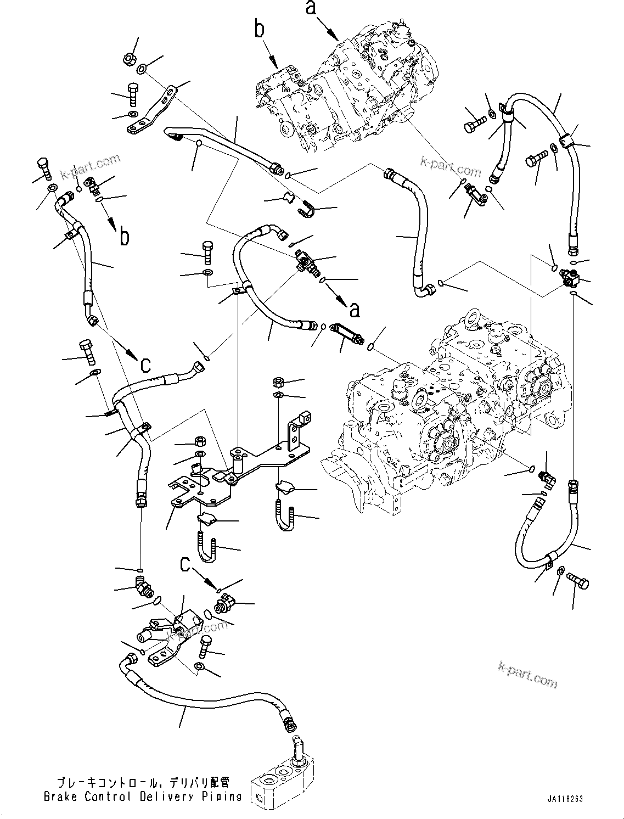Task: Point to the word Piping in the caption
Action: pyautogui.click(x=225, y=796)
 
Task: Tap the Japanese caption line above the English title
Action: pyautogui.click(x=143, y=782)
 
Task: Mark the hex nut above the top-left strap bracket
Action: pyautogui.click(x=128, y=59)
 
